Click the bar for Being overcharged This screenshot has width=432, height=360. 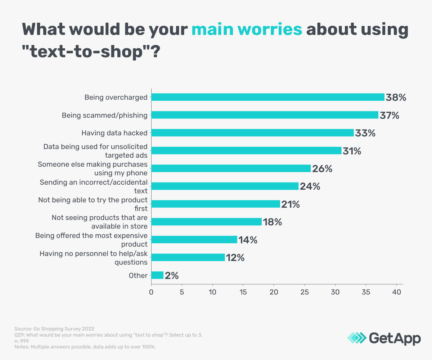point(267,97)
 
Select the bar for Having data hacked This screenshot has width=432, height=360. point(252,133)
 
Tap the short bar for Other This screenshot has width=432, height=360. point(157,275)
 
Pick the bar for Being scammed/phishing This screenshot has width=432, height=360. point(265,115)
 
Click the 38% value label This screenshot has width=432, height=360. point(396,97)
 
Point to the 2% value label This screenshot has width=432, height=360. point(171,276)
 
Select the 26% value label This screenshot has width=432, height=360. point(322,168)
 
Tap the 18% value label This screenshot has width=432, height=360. point(272,222)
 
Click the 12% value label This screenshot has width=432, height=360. point(235,258)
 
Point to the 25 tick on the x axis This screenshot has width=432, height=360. point(305,292)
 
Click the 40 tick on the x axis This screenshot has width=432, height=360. point(397,292)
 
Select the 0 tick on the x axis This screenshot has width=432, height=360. point(151,292)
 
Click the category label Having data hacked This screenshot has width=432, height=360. point(114,133)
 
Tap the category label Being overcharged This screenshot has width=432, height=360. point(116,97)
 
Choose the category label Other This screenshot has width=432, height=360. point(138,276)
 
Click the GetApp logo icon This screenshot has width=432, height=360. point(356,338)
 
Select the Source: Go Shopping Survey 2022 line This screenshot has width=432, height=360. point(54,329)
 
